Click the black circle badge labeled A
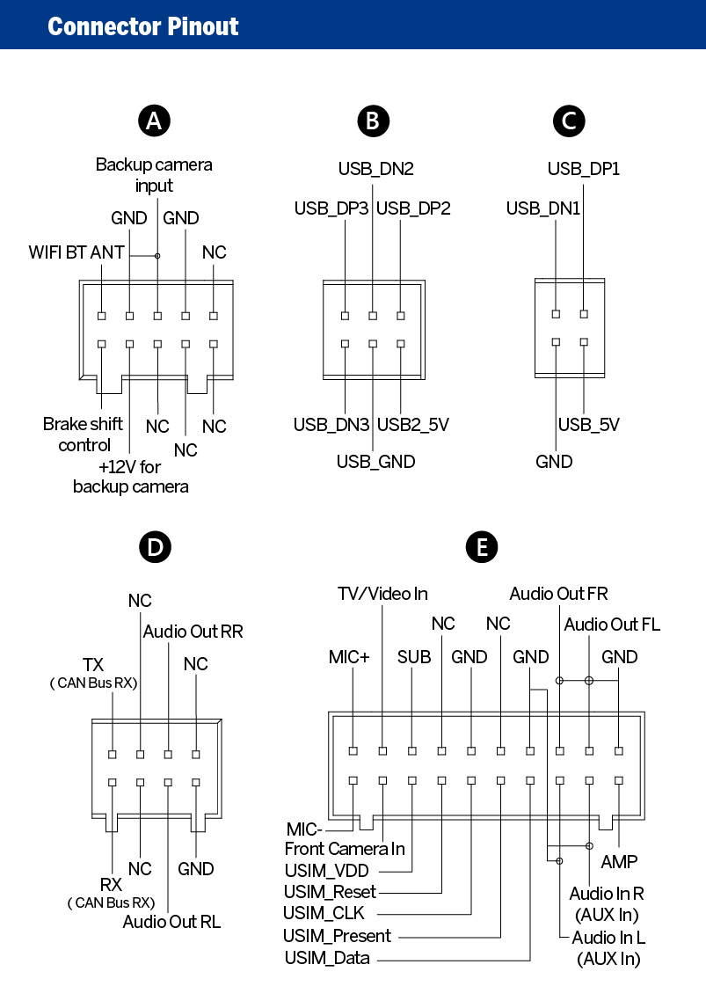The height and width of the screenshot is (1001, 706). coord(155,121)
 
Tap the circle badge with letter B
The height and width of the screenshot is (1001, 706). coord(374,121)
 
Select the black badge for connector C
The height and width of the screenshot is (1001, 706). coord(570,121)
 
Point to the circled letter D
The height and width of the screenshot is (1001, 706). coord(155,547)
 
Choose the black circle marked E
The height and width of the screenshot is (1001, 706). coord(482,547)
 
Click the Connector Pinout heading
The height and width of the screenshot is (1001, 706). coord(143,26)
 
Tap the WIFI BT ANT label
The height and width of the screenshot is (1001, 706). coord(76,252)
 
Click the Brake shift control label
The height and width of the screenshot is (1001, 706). coord(83,435)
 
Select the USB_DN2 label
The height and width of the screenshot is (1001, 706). coord(376,169)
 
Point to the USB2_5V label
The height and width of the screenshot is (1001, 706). coord(413,425)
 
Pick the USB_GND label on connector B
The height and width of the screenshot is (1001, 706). coord(376,462)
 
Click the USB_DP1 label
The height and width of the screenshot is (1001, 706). coord(584,169)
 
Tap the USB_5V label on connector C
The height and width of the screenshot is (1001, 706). coord(588,425)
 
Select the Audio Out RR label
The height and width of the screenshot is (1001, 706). coord(193,632)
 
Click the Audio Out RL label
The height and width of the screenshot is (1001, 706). coord(171,922)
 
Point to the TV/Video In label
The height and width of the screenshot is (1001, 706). coord(382,594)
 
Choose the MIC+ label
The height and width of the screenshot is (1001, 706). coord(349,657)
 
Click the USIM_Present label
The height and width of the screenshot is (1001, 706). coord(337,936)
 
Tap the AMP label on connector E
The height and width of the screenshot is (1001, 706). coord(619,862)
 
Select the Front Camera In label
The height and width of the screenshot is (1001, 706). coord(345,849)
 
